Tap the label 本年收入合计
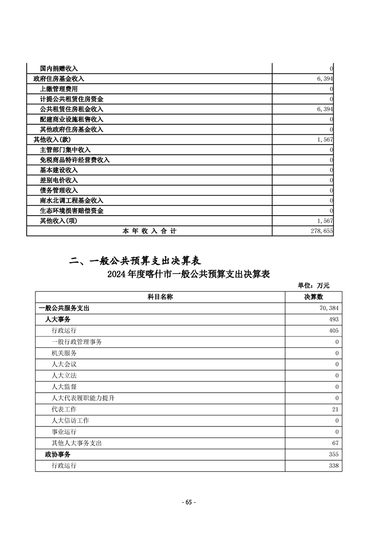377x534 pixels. coord(149,231)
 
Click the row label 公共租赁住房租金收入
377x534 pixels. coord(72,109)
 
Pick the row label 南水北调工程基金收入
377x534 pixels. coord(72,200)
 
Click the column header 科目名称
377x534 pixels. coord(159,297)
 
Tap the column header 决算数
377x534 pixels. coord(313,297)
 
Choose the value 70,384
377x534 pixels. coord(329,308)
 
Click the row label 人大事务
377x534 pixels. coord(58,319)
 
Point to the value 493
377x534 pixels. coord(334,319)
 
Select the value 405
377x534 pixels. coord(334,331)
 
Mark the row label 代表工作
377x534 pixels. coord(64,409)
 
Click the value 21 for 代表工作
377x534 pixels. coord(335,409)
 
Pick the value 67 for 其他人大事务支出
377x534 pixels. coord(335,443)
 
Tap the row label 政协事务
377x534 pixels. coord(58,455)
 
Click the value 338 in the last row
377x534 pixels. coord(334,465)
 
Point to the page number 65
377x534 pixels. coord(188,502)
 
